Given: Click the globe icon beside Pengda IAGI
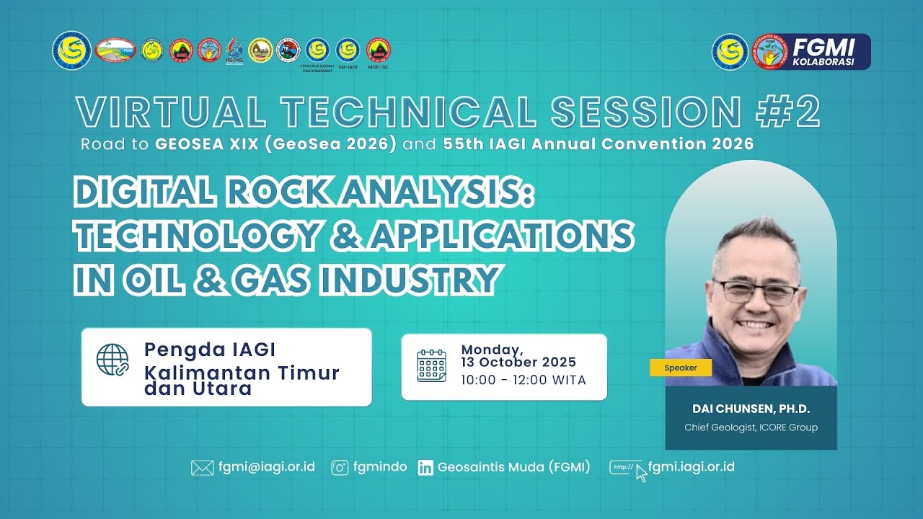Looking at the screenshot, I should coord(112,359).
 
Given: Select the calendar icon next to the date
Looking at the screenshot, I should coord(431,365).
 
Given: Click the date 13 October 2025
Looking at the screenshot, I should coord(518,363).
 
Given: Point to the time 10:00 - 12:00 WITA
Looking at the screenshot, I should coord(523,380).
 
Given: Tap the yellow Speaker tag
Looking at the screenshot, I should coord(680,368).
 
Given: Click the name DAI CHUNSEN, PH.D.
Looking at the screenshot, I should coord(751,409).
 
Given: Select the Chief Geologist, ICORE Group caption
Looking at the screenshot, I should coord(751,427).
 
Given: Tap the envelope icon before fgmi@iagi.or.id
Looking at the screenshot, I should coord(202,468).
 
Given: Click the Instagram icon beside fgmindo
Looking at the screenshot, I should coord(340,468).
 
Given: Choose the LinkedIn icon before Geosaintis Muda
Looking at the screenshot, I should coord(425,468).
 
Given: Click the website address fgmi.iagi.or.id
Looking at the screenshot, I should coord(691,466).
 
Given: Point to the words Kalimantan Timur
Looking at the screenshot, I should coord(242,373).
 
